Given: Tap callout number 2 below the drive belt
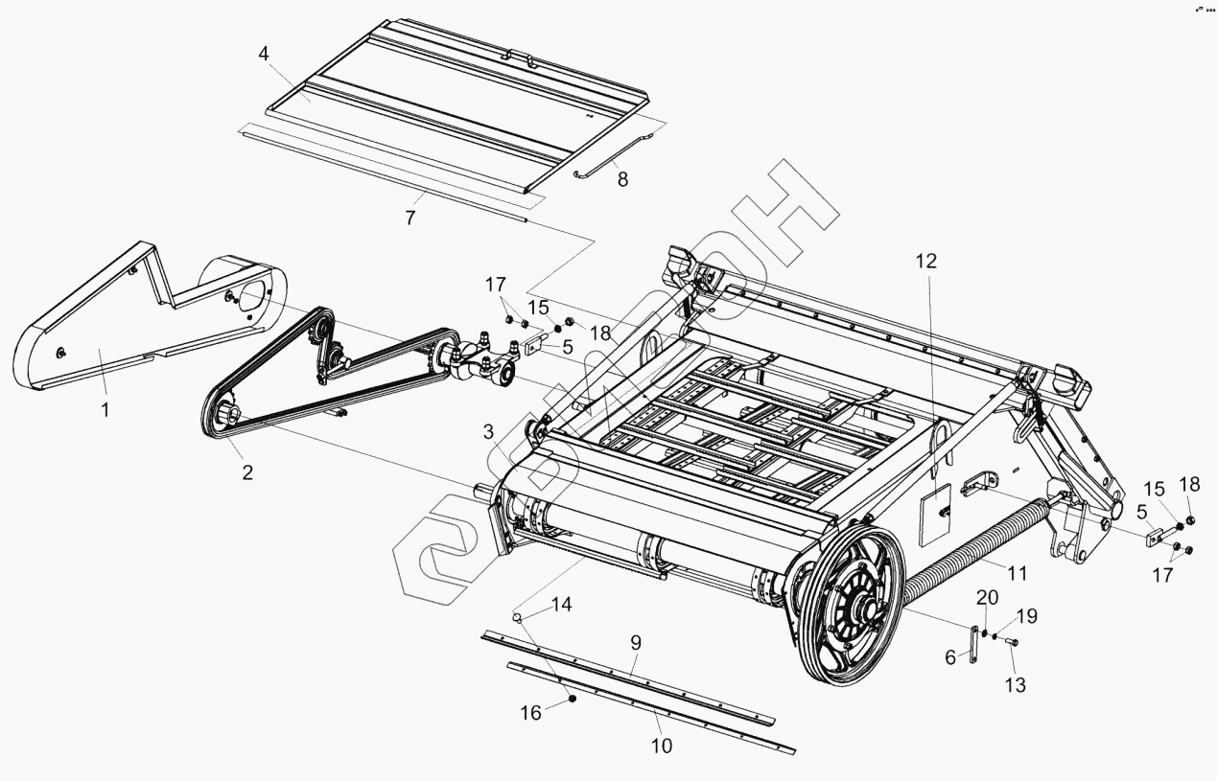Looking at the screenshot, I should click(247, 471).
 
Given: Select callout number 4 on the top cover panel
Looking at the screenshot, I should click(263, 54).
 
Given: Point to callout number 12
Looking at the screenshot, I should click(926, 261).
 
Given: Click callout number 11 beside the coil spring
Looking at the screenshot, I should click(1017, 574).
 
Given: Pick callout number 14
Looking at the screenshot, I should click(561, 604).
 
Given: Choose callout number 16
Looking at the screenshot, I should click(530, 712).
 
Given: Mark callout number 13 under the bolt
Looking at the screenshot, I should click(1015, 685).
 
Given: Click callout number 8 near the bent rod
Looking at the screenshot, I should click(622, 178).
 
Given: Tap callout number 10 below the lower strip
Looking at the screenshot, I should click(662, 746).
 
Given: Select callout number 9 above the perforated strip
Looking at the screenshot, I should click(635, 642).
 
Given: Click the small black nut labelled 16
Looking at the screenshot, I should click(573, 699).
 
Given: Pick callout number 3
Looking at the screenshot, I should click(488, 432).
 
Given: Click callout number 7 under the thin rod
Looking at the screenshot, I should click(410, 218).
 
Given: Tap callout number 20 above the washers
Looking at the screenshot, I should click(988, 598).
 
